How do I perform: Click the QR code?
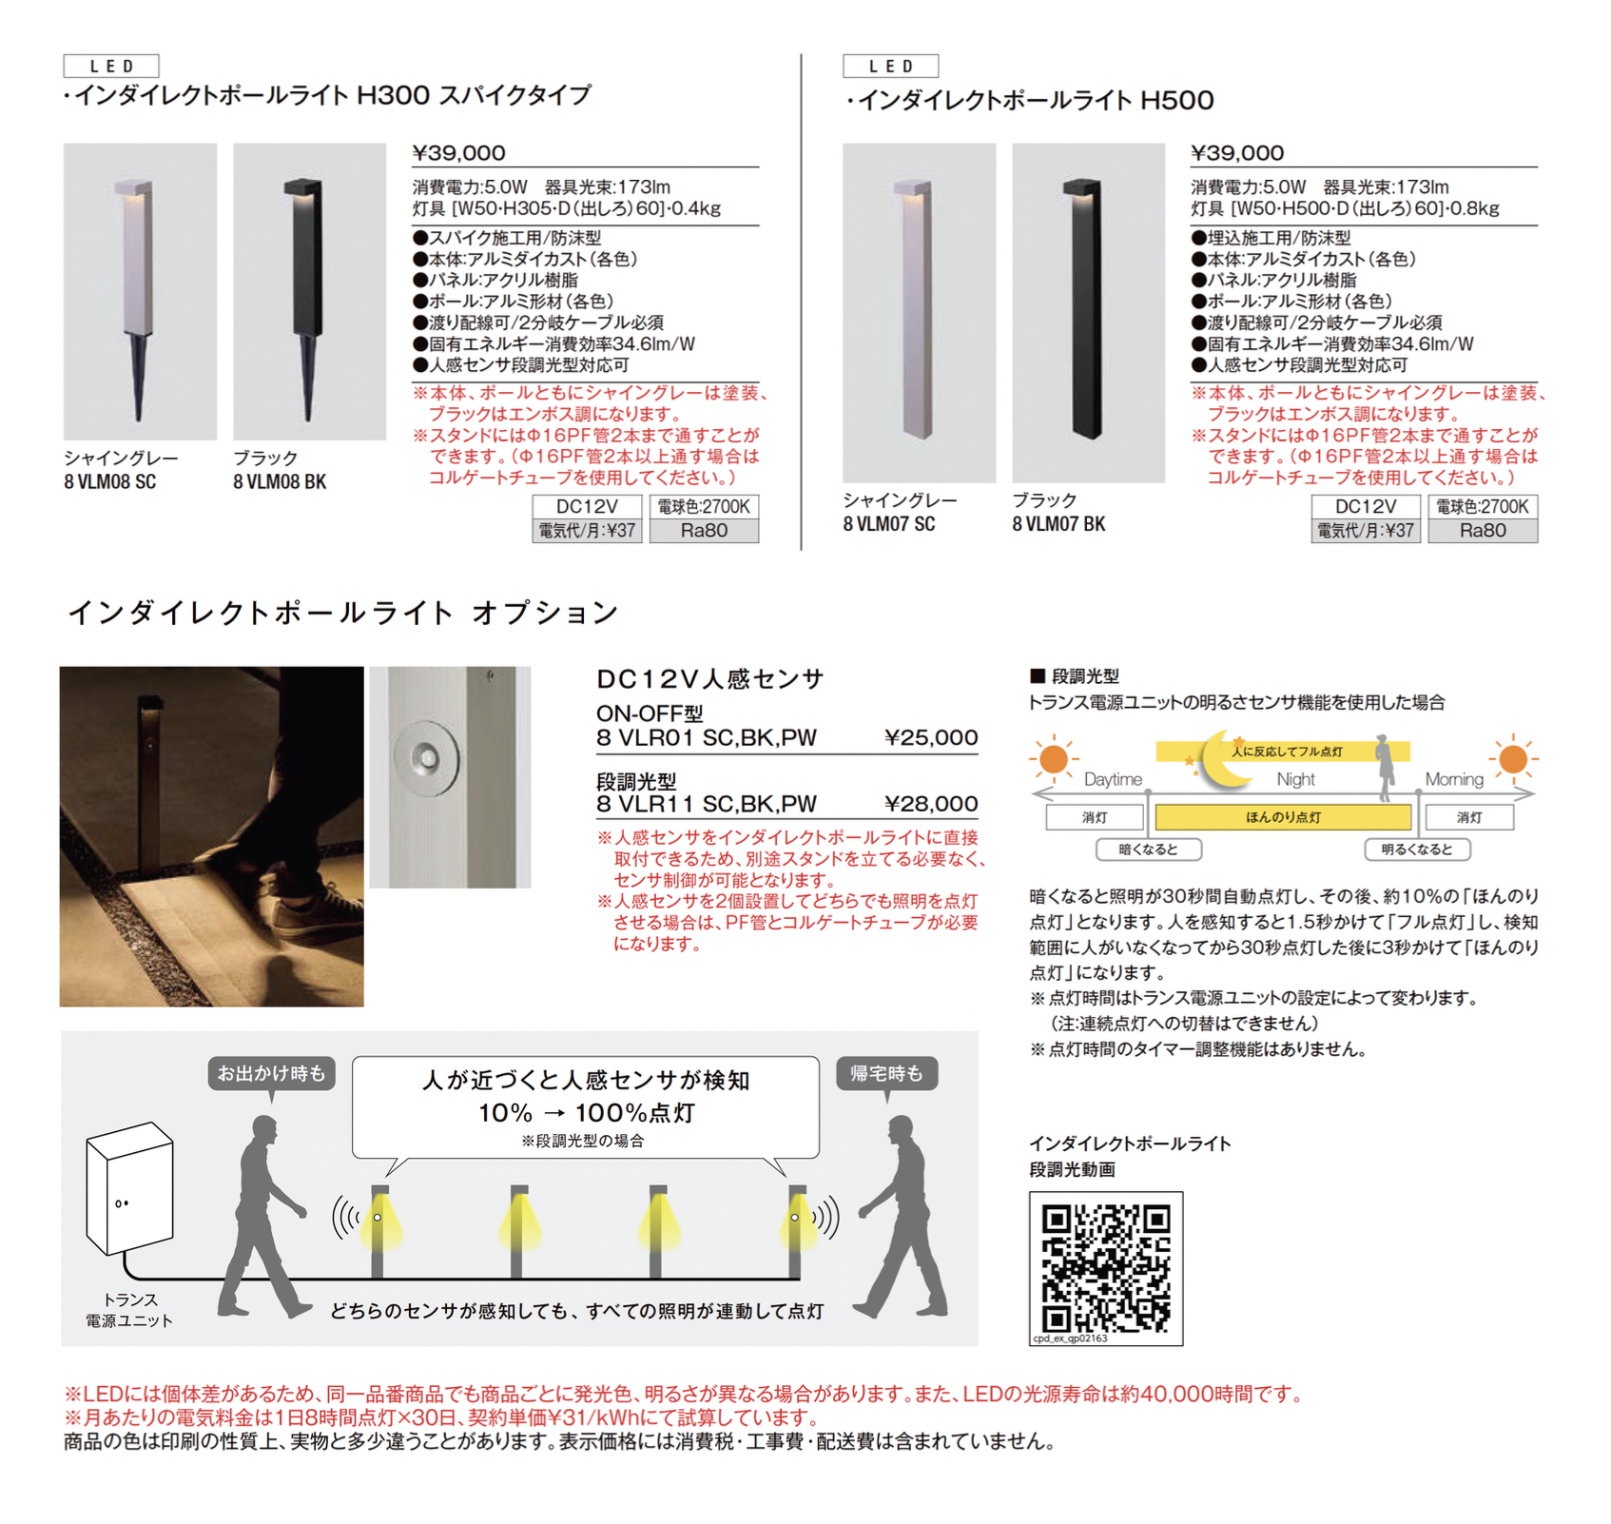point(1106,1268)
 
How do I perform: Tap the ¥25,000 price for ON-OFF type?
point(931,737)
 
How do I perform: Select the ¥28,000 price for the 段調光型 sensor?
point(931,804)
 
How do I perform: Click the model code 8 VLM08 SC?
point(110,482)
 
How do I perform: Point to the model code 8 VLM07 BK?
point(1058,524)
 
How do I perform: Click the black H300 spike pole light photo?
point(309,291)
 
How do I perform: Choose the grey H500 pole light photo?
point(919,312)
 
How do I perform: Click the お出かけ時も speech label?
point(271,1074)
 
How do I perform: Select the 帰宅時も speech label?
point(886,1074)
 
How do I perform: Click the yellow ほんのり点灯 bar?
point(1283,817)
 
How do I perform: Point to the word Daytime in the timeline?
point(1113,779)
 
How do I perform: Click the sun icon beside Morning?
point(1512,759)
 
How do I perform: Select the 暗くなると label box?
point(1148,850)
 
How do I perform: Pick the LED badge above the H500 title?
point(890,66)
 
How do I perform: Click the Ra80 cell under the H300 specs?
point(704,531)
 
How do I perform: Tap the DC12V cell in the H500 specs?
point(1366,507)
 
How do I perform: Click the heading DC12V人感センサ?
point(709,678)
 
